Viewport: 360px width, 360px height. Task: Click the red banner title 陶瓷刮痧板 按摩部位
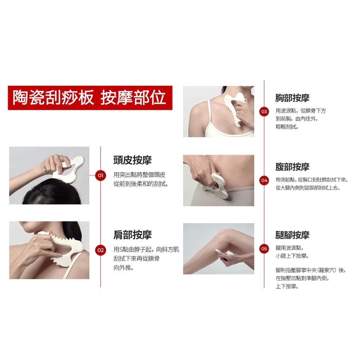click(x=90, y=98)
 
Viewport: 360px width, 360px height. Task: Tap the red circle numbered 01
click(x=101, y=176)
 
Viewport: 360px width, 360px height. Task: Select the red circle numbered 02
click(x=101, y=250)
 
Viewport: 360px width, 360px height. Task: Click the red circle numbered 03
click(x=264, y=111)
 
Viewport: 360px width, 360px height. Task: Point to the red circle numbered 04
click(x=264, y=180)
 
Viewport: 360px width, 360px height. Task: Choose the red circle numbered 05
click(x=264, y=249)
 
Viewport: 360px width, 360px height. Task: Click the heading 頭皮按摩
click(x=133, y=160)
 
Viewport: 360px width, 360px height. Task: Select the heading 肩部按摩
click(x=133, y=234)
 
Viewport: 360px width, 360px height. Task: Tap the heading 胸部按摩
click(x=292, y=98)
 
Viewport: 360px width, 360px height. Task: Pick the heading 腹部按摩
click(x=292, y=167)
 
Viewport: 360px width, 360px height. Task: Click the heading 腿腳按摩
click(x=292, y=235)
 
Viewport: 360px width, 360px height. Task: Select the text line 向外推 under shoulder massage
click(x=123, y=268)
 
